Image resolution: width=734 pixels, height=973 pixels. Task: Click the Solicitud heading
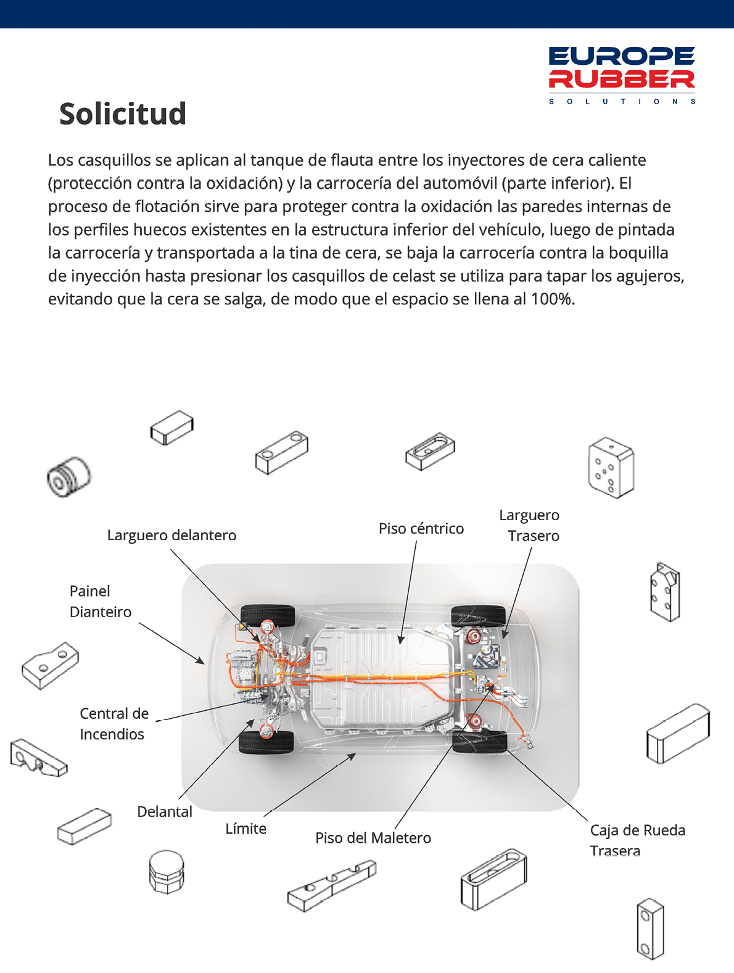point(123,114)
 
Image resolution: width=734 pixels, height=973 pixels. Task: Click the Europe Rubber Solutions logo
point(622,75)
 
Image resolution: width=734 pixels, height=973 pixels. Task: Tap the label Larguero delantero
point(172,534)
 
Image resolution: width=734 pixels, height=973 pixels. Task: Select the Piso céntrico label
point(421,528)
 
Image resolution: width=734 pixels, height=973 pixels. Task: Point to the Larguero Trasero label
point(529,525)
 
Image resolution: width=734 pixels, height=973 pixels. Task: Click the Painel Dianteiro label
point(101,601)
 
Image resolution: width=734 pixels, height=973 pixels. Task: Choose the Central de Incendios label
point(114,724)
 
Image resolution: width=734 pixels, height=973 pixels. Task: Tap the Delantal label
point(165,811)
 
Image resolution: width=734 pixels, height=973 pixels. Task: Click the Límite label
point(246,828)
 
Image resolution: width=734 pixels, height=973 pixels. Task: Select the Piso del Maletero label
point(373,838)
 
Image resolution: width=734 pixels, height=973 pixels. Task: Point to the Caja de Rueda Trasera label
point(638,840)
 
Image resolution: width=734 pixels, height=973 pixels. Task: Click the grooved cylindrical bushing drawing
point(68,476)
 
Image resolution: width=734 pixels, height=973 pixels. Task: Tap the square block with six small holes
point(611,468)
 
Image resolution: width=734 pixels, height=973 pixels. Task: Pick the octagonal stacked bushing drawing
point(167,871)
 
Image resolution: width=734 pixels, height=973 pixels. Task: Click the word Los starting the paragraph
point(60,160)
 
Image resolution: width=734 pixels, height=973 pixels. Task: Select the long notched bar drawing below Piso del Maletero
point(332,885)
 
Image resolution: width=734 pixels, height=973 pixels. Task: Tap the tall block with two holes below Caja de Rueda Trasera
point(650,929)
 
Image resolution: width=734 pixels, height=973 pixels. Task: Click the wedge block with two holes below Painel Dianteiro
point(50,665)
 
